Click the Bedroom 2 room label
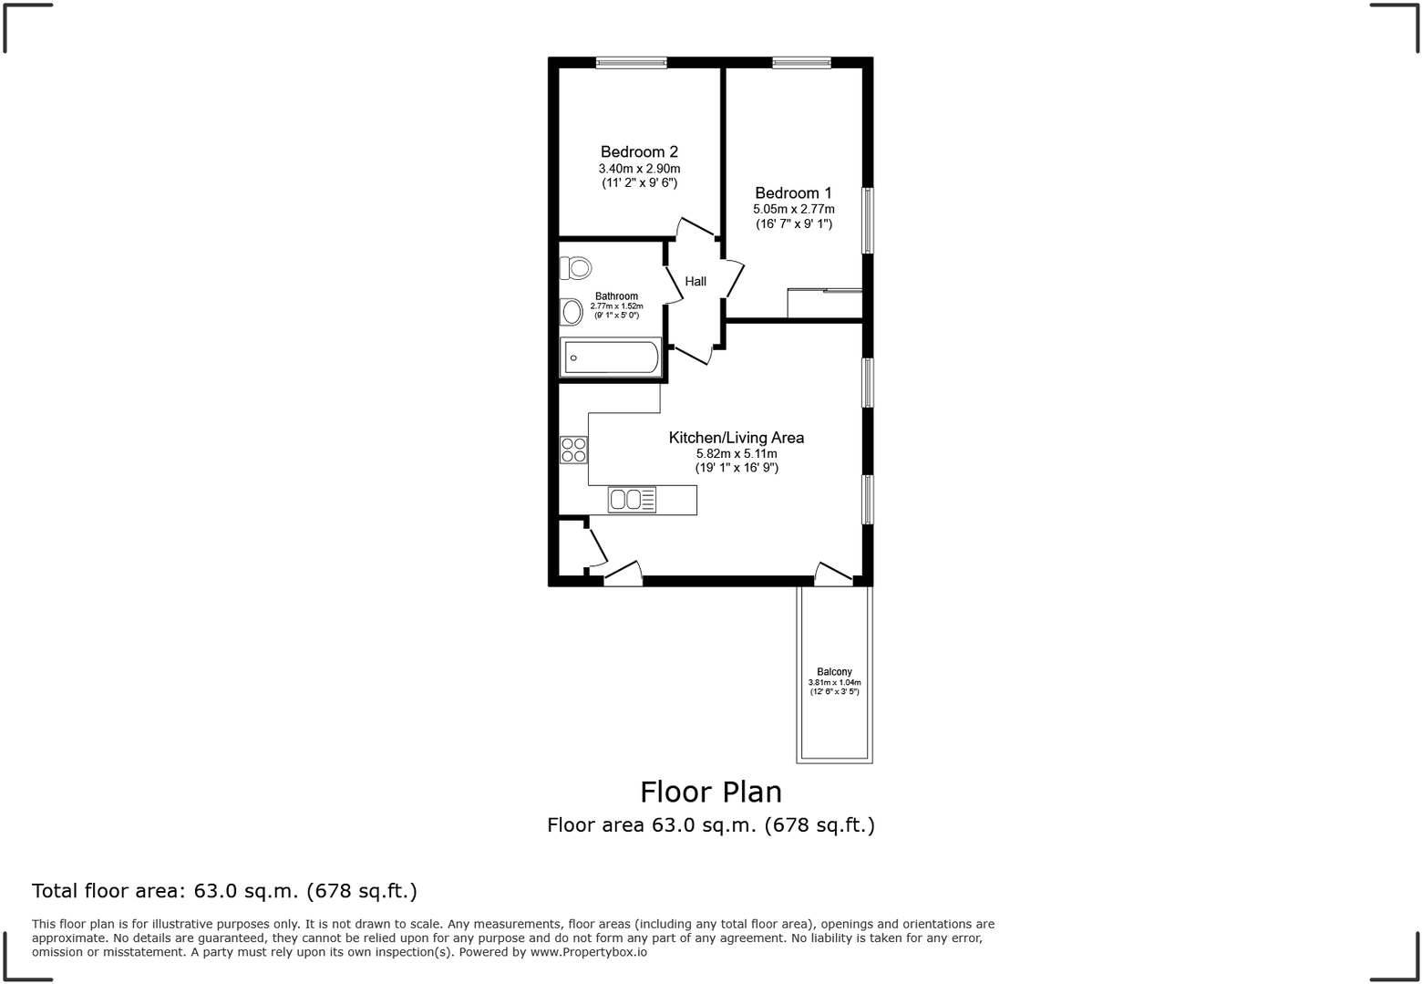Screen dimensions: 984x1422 (x=639, y=151)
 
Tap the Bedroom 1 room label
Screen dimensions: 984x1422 (x=793, y=192)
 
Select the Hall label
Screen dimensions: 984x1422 (x=696, y=281)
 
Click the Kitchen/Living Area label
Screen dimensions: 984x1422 (x=737, y=438)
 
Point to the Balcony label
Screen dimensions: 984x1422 (x=834, y=672)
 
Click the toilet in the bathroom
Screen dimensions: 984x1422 (x=576, y=268)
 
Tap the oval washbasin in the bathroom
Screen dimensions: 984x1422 (x=572, y=312)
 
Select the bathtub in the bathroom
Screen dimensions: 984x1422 (x=611, y=357)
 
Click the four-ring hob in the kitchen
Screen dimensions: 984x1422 (x=573, y=450)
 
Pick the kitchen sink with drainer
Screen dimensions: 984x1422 (x=633, y=499)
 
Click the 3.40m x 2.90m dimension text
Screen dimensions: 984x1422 (x=639, y=169)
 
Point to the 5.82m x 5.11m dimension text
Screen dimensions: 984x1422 (x=737, y=453)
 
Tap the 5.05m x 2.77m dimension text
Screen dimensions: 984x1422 (x=793, y=209)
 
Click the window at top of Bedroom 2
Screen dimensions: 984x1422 (x=631, y=63)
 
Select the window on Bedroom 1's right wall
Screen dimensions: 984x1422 (x=868, y=220)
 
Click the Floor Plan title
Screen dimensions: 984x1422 (x=711, y=792)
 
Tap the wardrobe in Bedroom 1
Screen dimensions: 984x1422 (x=824, y=303)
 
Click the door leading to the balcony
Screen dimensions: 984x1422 (x=833, y=575)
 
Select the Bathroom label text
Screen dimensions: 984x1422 (x=616, y=296)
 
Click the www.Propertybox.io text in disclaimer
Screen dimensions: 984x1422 (x=589, y=952)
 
